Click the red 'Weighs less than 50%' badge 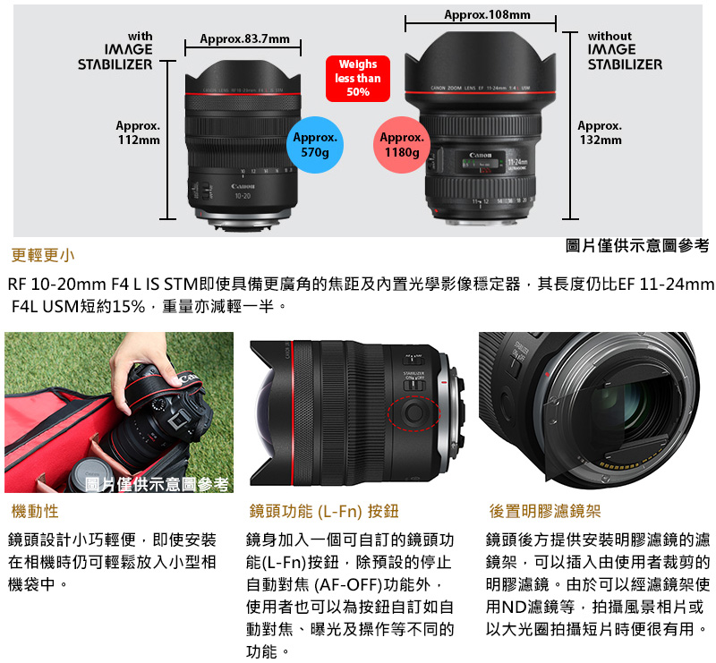(x=357, y=79)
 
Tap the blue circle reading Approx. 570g (x=315, y=145)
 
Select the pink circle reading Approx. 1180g (x=402, y=145)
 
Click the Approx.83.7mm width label (x=244, y=39)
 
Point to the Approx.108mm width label (x=487, y=15)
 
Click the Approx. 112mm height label (x=138, y=133)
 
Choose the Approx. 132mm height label (x=600, y=133)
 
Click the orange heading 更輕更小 (x=43, y=255)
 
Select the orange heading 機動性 (x=34, y=511)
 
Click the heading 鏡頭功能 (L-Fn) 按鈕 (x=323, y=511)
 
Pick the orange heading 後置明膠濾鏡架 (x=544, y=511)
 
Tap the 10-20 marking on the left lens (x=242, y=195)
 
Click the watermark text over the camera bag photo (x=158, y=484)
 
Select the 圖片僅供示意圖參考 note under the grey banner (x=637, y=245)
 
